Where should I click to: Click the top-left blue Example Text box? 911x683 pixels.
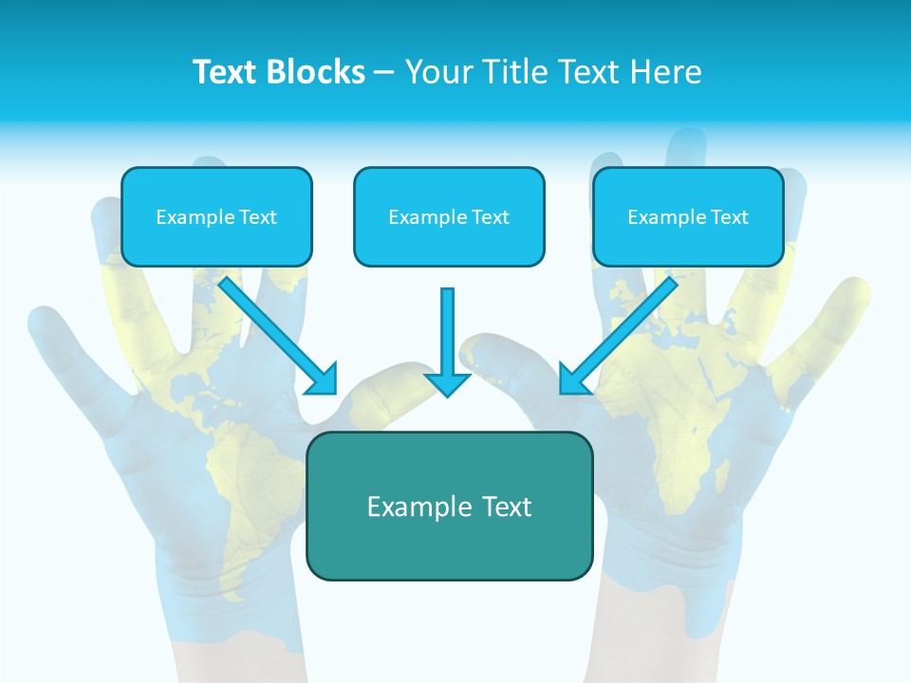tap(216, 217)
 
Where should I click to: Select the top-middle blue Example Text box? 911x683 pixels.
tap(449, 217)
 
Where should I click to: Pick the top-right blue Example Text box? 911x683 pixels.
tap(688, 217)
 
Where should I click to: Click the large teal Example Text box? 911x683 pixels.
tap(449, 507)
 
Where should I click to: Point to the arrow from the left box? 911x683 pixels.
tap(270, 327)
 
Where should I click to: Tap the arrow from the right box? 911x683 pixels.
tap(626, 327)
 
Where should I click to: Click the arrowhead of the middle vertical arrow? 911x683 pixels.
tap(447, 383)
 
